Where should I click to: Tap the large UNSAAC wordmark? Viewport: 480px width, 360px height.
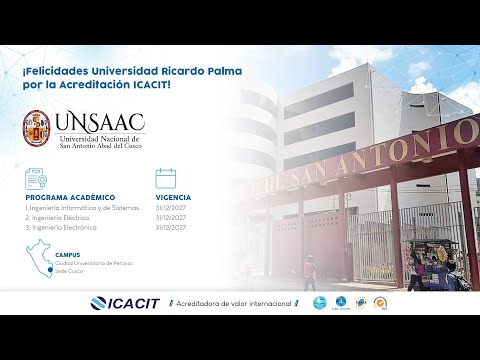101,121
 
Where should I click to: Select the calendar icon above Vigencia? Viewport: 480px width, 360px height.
166,180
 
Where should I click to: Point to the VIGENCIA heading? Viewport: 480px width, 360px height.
173,198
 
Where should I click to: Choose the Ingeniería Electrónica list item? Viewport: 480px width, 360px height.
63,226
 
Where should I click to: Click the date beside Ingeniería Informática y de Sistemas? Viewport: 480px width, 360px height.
170,207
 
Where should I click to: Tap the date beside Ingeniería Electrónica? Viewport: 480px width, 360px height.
170,226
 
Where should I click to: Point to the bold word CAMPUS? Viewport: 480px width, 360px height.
68,255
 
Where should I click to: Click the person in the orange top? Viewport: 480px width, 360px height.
310,274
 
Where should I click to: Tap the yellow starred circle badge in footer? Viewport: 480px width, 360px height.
379,303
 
